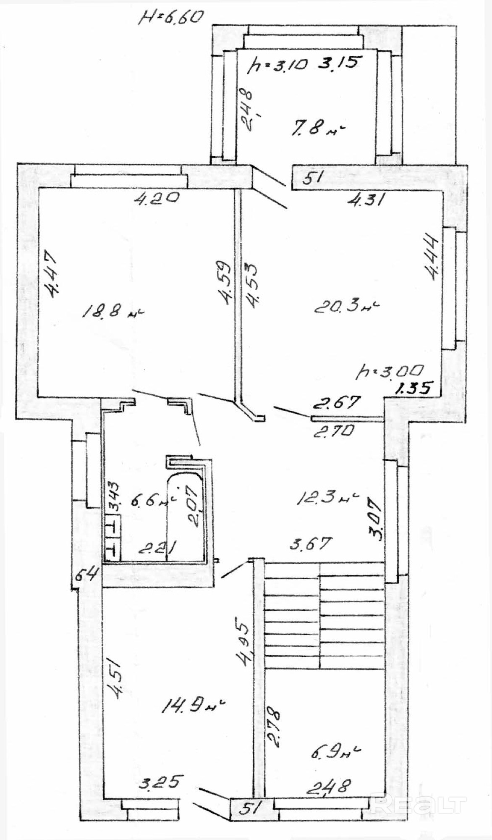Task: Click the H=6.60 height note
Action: pyautogui.click(x=173, y=18)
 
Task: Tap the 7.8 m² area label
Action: pyautogui.click(x=318, y=128)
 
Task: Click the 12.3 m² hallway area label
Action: pyautogui.click(x=327, y=499)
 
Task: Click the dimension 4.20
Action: pyautogui.click(x=156, y=197)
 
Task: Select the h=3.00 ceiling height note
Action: pyautogui.click(x=390, y=371)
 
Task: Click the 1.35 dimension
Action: pyautogui.click(x=413, y=388)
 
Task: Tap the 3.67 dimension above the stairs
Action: pyautogui.click(x=311, y=544)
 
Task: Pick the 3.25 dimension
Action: pyautogui.click(x=161, y=782)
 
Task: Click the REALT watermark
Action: pyautogui.click(x=419, y=805)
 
